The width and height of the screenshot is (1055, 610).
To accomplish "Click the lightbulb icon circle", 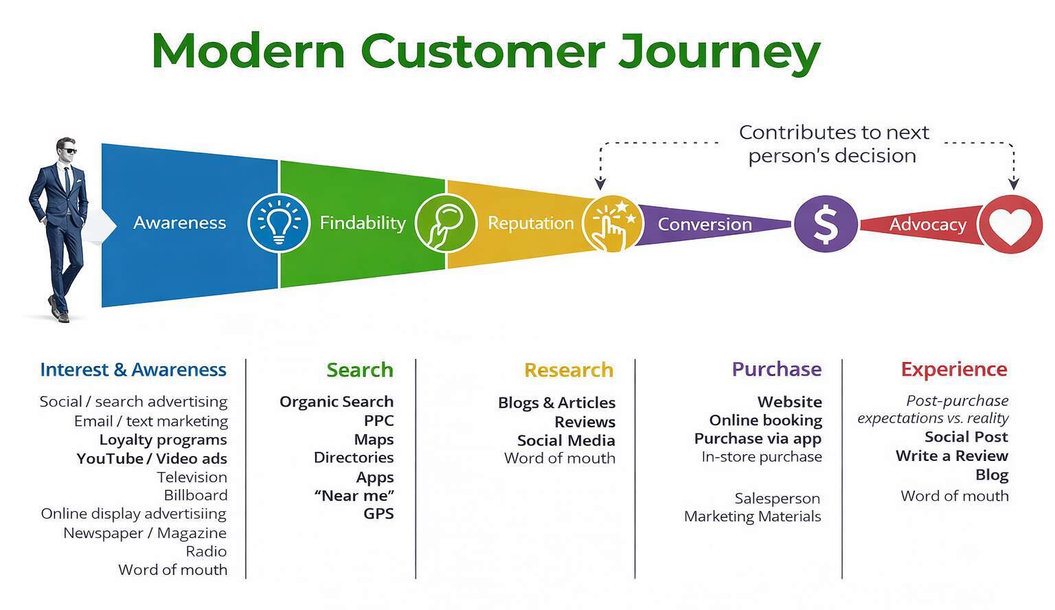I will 278,223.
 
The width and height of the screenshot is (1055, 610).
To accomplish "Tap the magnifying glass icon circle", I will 444,223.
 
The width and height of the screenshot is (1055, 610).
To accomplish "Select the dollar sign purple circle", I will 825,224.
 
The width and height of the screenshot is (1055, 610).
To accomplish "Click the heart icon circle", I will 1010,224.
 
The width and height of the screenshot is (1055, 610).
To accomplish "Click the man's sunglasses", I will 67,150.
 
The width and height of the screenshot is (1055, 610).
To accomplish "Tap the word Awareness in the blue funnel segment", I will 179,223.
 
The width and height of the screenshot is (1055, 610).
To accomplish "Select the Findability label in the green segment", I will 363,223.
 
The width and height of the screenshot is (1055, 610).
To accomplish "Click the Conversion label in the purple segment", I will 705,225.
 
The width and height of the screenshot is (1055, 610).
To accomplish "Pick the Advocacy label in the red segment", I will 927,225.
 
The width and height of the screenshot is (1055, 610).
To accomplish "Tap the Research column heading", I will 568,370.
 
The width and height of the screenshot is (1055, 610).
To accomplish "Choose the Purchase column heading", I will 776,369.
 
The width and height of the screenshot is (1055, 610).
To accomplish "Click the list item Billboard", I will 195,495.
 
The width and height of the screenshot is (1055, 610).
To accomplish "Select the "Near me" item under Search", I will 354,495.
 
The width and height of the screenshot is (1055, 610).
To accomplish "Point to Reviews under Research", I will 585,422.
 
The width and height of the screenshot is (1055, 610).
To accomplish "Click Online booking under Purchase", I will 765,420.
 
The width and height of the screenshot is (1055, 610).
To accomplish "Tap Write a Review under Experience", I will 951,455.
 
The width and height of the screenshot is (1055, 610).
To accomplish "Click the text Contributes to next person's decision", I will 832,144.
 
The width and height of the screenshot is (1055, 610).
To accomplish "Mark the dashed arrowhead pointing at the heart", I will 1013,183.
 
